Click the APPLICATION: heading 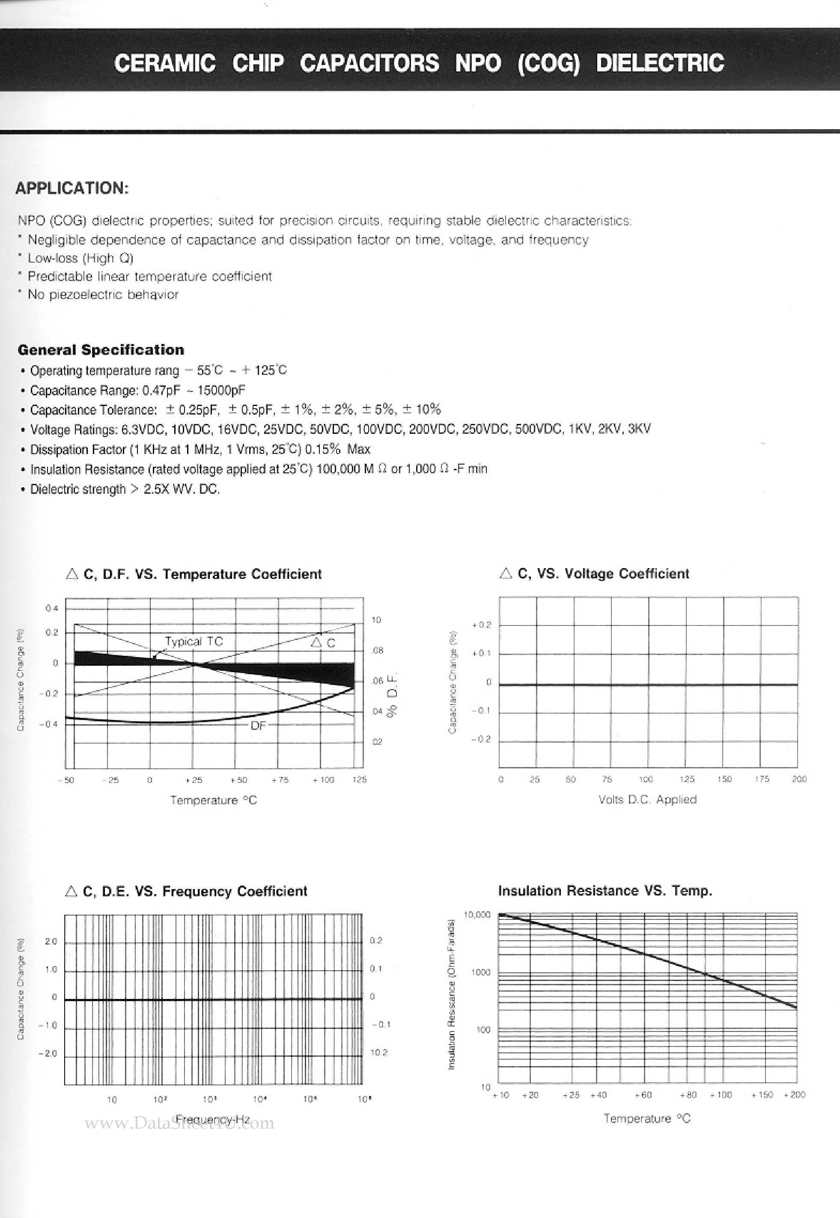pyautogui.click(x=71, y=188)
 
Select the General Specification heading pyautogui.click(x=101, y=350)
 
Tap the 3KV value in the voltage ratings pyautogui.click(x=640, y=429)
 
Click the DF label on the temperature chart pyautogui.click(x=258, y=726)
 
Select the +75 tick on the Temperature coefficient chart pyautogui.click(x=280, y=780)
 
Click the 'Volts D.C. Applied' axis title pyautogui.click(x=647, y=799)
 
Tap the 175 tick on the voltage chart pyautogui.click(x=762, y=779)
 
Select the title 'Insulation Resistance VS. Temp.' pyautogui.click(x=605, y=891)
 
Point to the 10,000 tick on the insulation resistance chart pyautogui.click(x=477, y=915)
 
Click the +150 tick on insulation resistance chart pyautogui.click(x=762, y=1095)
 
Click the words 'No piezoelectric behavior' pyautogui.click(x=103, y=294)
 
